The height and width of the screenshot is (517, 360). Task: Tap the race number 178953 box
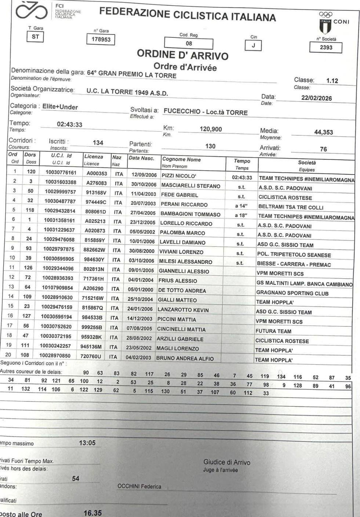101,40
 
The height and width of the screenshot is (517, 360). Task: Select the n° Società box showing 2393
326,48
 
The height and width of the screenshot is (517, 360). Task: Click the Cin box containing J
253,46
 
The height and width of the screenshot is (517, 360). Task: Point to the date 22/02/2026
316,98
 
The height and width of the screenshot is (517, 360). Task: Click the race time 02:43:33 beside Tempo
69,125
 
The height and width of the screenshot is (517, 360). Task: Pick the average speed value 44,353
323,132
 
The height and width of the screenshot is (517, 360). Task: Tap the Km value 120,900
211,129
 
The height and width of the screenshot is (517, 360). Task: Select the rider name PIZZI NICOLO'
179,176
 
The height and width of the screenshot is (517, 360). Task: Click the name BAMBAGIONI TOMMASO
190,214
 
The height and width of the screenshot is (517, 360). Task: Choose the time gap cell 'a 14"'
241,206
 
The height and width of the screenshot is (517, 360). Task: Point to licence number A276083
97,183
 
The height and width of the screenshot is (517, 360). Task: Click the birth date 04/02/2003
138,357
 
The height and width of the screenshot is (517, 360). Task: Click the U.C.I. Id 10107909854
57,288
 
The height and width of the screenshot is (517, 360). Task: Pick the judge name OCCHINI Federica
139,486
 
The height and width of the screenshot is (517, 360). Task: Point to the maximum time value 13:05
87,443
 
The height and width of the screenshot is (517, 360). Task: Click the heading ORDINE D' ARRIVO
182,55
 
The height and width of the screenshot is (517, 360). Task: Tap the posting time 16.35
92,513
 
